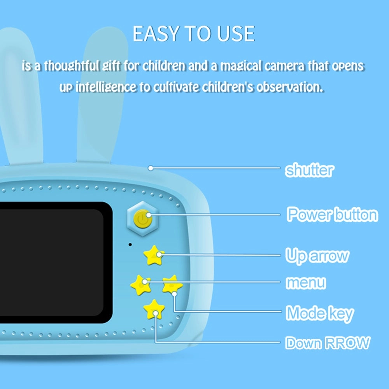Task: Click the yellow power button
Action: tap(143, 219)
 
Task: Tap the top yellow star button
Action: tap(154, 255)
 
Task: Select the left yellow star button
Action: tap(141, 285)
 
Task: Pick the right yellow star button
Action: tap(172, 285)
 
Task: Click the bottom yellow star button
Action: tap(154, 309)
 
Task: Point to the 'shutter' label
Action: tap(309, 170)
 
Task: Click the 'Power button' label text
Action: tap(332, 214)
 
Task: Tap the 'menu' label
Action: tap(306, 282)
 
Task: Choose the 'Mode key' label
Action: tap(320, 314)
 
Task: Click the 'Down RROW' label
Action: tap(328, 343)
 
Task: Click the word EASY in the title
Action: tap(156, 34)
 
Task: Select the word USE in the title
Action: tap(236, 34)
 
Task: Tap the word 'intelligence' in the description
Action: tap(106, 87)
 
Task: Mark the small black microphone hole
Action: tap(130, 245)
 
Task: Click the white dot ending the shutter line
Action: tap(151, 168)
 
